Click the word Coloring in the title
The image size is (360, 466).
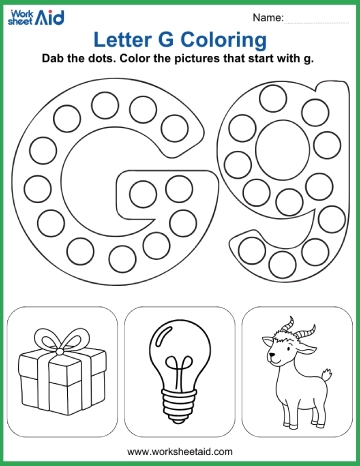221,40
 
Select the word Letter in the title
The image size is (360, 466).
117,40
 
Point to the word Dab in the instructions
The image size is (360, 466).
55,60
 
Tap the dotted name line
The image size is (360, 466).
317,22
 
